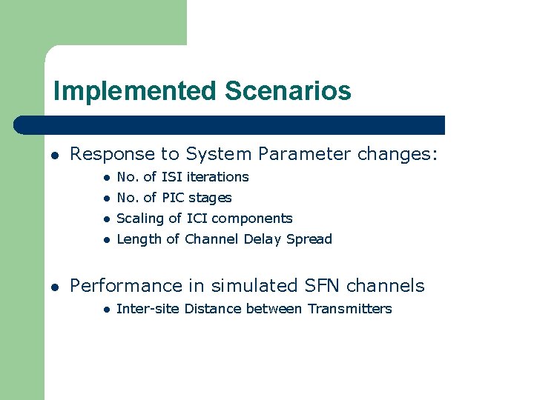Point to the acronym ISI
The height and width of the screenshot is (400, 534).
pyautogui.click(x=171, y=177)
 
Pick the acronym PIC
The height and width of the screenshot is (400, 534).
pyautogui.click(x=173, y=198)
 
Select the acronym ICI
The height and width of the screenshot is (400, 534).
pyautogui.click(x=197, y=219)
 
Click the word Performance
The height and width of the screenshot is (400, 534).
pyautogui.click(x=125, y=286)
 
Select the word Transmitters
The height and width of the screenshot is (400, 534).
pyautogui.click(x=349, y=309)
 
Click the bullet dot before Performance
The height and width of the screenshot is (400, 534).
pyautogui.click(x=55, y=287)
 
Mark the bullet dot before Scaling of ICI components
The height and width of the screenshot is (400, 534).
pyautogui.click(x=107, y=219)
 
